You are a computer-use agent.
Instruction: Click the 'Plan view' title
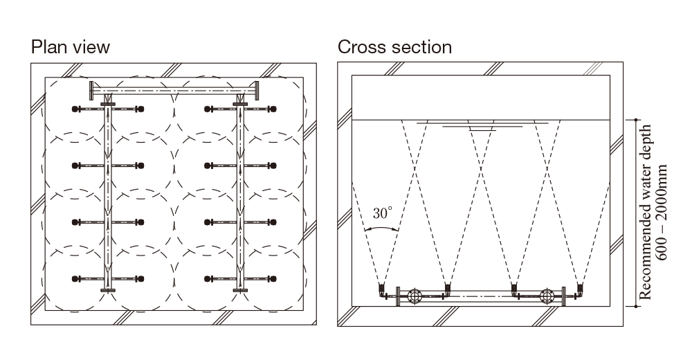[x=70, y=47]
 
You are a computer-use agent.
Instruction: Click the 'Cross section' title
[x=394, y=47]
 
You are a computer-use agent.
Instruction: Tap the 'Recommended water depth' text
[x=646, y=211]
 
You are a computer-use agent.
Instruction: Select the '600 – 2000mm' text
[x=662, y=211]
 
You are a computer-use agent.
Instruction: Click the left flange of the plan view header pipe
[x=91, y=90]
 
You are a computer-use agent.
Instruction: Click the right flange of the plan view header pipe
[x=256, y=90]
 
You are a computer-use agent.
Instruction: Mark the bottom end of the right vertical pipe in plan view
[x=240, y=290]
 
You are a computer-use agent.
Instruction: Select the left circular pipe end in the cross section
[x=414, y=296]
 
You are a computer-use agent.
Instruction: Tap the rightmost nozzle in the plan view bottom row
[x=274, y=279]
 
